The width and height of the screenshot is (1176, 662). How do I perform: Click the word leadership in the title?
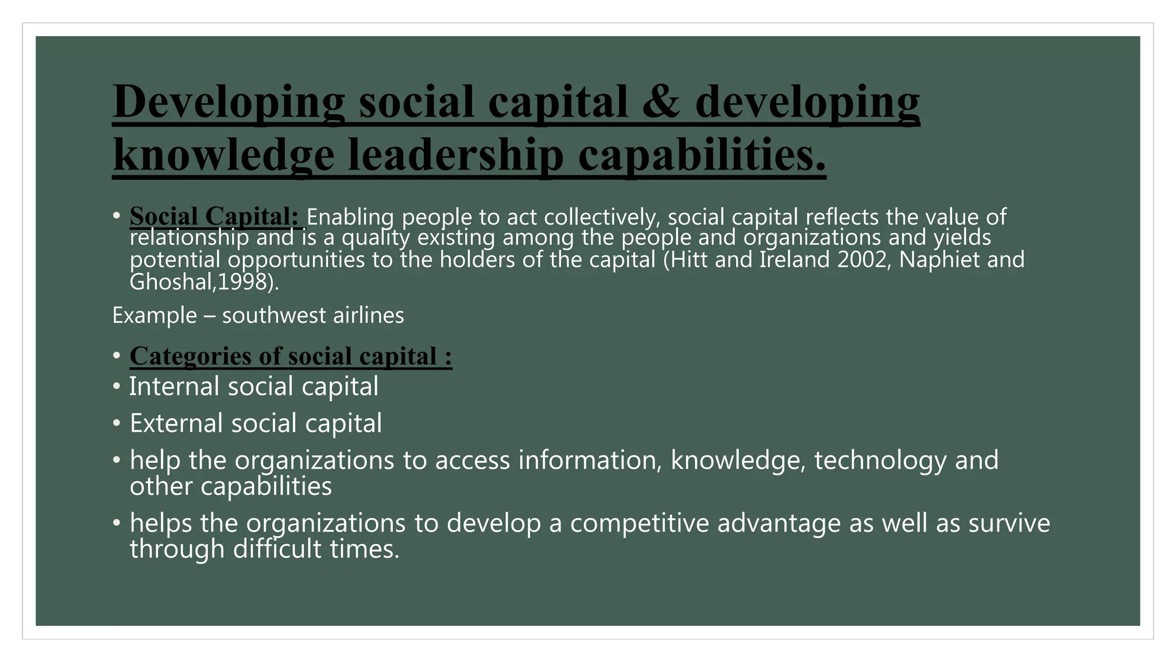(456, 155)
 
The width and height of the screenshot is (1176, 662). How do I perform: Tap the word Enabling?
(350, 217)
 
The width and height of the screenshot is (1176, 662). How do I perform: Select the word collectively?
(599, 217)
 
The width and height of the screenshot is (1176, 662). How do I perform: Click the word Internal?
(175, 386)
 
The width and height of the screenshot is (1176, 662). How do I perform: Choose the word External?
(176, 424)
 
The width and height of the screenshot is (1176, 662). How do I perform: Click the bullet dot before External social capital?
(117, 424)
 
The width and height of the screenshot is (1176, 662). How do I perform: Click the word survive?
(1009, 523)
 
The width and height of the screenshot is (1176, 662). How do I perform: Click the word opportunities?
(296, 260)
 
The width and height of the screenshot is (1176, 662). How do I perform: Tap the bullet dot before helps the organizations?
(117, 523)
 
